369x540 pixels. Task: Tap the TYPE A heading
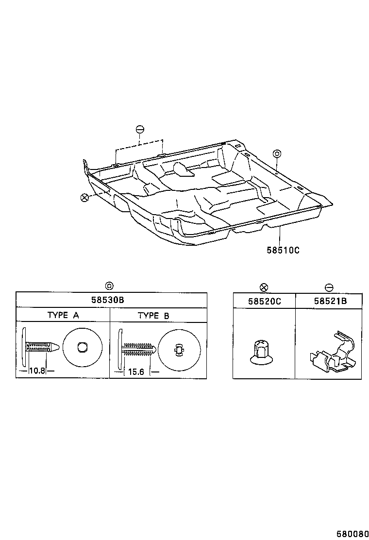click(63, 315)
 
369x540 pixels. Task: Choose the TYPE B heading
click(153, 315)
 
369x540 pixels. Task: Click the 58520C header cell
click(264, 301)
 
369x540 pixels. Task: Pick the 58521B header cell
click(330, 301)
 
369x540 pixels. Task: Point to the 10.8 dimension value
click(37, 371)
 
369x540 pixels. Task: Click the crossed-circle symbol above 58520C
click(264, 287)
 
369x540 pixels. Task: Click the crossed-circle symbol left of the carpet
click(84, 197)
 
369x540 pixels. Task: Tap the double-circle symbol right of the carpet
click(276, 153)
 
